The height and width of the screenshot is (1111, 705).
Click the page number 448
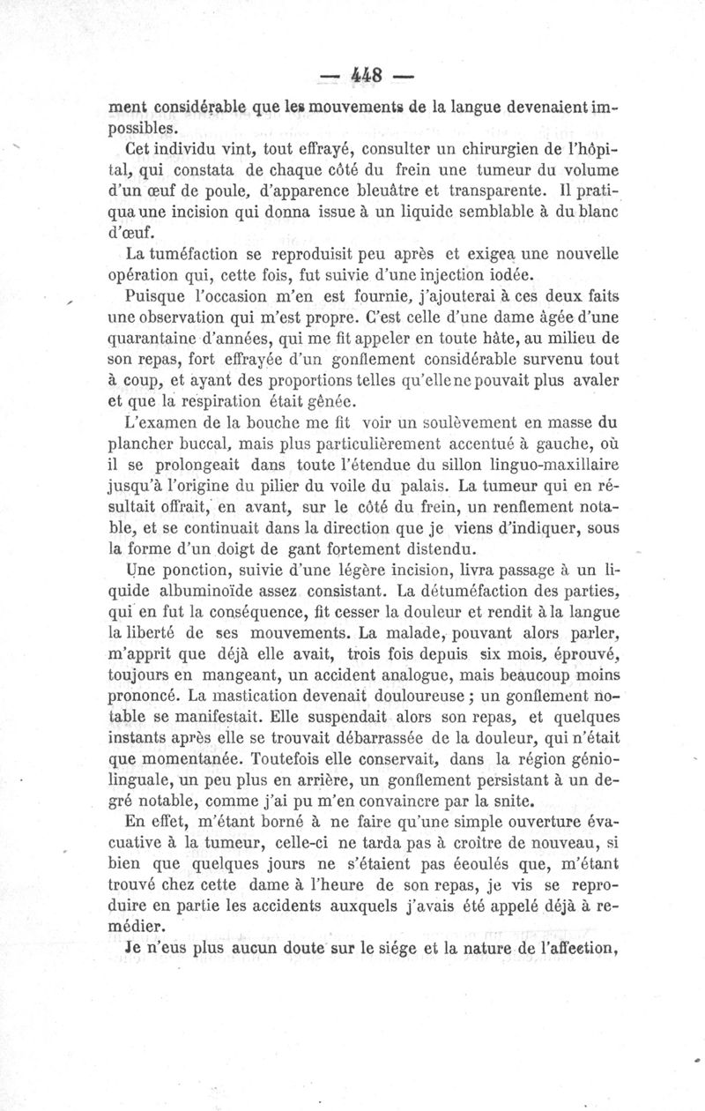click(x=365, y=76)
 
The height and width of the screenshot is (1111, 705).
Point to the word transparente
click(x=488, y=189)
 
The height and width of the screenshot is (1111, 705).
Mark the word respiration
click(x=204, y=401)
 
